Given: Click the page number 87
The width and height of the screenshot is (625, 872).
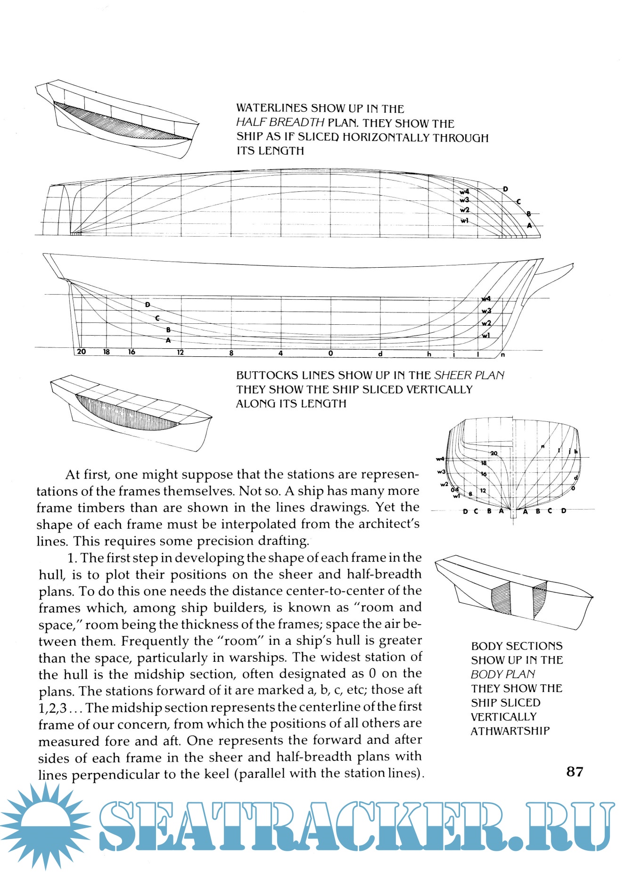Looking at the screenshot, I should [575, 772].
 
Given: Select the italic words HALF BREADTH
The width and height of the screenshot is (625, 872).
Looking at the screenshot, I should [280, 123].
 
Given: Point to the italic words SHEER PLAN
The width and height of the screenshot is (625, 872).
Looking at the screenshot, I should [469, 375].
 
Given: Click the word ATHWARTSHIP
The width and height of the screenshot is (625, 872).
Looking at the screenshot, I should [510, 731].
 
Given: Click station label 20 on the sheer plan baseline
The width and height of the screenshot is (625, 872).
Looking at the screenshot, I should [82, 352].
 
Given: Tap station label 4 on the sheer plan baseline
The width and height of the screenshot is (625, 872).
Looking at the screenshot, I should [280, 353].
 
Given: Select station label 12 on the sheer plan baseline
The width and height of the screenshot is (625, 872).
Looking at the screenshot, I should [180, 353].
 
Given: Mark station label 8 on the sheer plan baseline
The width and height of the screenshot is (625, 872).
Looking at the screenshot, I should [231, 353].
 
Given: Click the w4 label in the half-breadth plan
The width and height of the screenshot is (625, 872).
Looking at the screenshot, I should [464, 192].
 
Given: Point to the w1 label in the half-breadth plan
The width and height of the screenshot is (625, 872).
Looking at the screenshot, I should [464, 220].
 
